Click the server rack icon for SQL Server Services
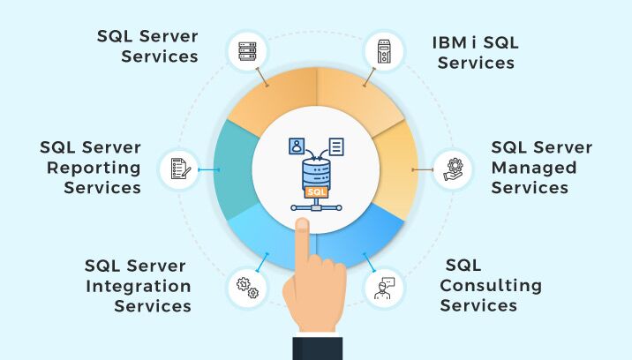(x=246, y=50)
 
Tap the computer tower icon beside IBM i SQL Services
(x=385, y=50)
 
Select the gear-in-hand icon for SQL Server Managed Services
(x=453, y=167)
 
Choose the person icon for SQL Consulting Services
(x=384, y=286)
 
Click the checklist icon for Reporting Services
(x=178, y=167)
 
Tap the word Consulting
(x=491, y=285)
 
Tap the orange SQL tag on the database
(x=314, y=190)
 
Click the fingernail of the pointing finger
(x=302, y=226)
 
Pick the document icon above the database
(x=336, y=146)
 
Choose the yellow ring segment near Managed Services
(x=399, y=168)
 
